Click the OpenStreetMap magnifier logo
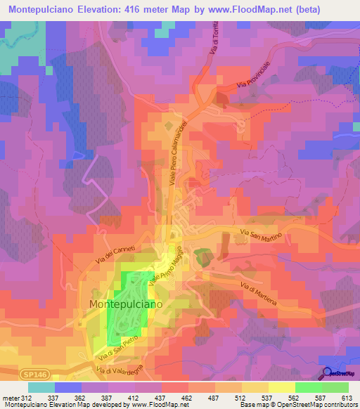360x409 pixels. [x=328, y=374]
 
